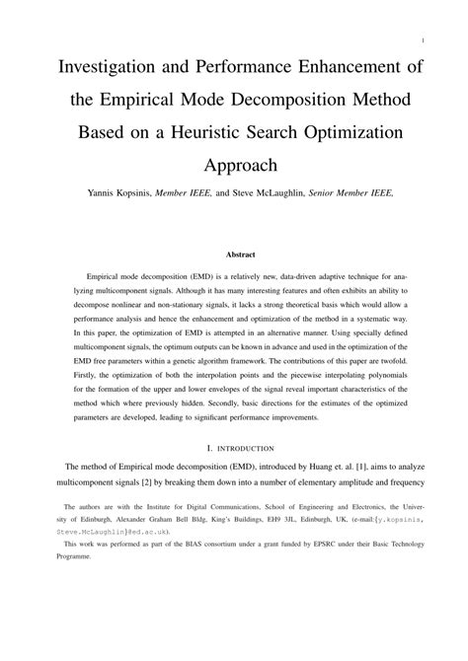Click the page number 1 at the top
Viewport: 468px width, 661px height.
coord(422,41)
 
